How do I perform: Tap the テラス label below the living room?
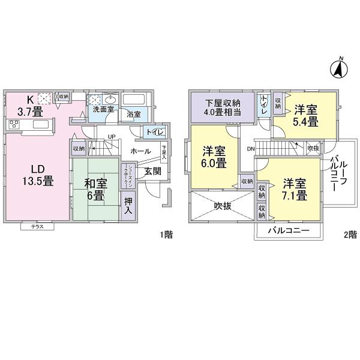pos(37,227)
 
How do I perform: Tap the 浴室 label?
pos(133,115)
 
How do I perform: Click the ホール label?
pos(140,152)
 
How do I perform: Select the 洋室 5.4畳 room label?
pos(305,115)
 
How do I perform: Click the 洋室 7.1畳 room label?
pos(295,190)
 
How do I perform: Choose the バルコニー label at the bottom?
pos(288,230)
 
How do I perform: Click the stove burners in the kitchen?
pos(15,124)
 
